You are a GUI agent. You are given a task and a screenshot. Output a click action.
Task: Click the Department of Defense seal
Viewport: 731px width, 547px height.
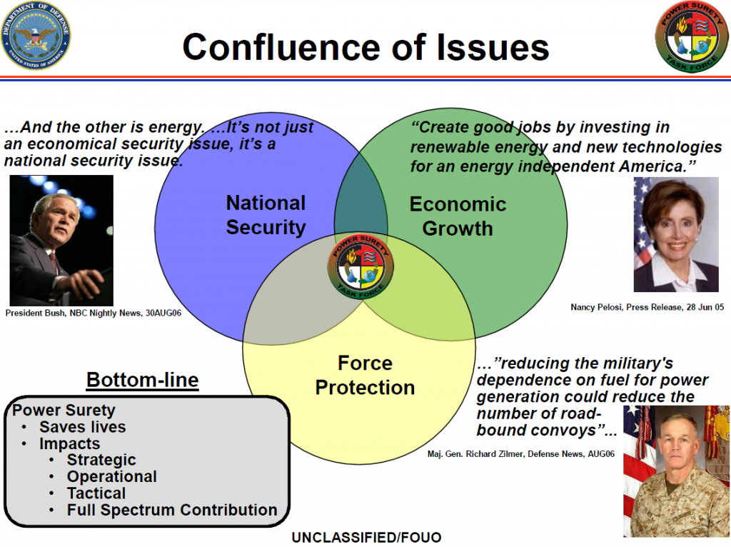pyautogui.click(x=36, y=36)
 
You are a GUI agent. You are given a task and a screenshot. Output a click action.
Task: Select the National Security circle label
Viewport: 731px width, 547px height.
pyautogui.click(x=266, y=215)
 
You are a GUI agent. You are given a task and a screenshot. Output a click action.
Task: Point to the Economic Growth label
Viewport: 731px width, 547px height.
pyautogui.click(x=458, y=216)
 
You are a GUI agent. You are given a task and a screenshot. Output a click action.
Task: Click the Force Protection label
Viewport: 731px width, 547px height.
pyautogui.click(x=365, y=376)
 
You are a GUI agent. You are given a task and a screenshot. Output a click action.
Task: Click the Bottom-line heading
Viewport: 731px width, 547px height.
pyautogui.click(x=142, y=381)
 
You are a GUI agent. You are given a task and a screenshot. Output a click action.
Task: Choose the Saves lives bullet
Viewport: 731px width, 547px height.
pyautogui.click(x=82, y=427)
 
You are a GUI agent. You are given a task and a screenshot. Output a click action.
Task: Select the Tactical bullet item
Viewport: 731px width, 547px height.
pyautogui.click(x=96, y=493)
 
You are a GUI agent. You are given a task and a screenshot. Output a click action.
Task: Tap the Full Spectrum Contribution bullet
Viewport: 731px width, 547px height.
pyautogui.click(x=172, y=510)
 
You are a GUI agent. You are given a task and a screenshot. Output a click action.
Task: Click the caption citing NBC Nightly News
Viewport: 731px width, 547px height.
pyautogui.click(x=93, y=313)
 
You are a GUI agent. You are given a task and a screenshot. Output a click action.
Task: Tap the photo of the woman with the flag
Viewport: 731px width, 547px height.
pyautogui.click(x=675, y=234)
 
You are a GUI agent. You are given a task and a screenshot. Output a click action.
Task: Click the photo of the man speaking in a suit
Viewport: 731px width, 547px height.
pyautogui.click(x=61, y=240)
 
